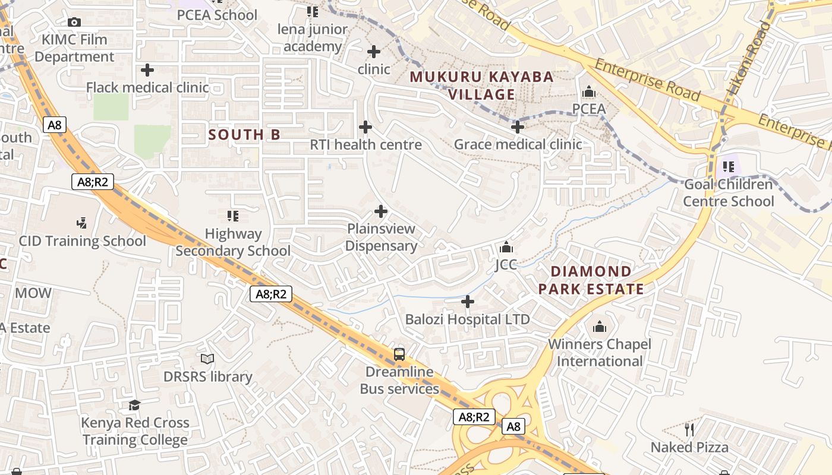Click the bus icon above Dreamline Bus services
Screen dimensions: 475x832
[x=399, y=354]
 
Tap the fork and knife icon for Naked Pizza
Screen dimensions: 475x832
[x=689, y=429]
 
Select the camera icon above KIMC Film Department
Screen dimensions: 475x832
[x=74, y=22]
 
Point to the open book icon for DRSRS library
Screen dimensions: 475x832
[x=207, y=359]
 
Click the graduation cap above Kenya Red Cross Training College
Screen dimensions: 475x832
[x=135, y=405]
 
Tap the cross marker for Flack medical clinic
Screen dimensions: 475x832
[x=147, y=70]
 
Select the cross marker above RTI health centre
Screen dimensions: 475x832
[x=365, y=127]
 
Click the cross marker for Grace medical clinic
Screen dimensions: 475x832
[x=518, y=127]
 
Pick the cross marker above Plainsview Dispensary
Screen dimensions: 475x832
[x=381, y=211]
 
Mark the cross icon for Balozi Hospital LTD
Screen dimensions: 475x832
[x=468, y=302]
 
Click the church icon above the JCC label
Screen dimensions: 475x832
[x=506, y=247]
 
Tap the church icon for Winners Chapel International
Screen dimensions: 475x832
[x=599, y=327]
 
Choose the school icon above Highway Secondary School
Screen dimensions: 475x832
[x=233, y=216]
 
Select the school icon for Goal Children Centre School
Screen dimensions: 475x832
[x=728, y=167]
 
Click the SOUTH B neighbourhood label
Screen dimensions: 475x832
[x=244, y=135]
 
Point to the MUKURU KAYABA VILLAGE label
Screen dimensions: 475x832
[x=482, y=85]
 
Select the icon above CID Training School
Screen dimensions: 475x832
[x=82, y=223]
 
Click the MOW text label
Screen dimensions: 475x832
[x=33, y=293]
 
